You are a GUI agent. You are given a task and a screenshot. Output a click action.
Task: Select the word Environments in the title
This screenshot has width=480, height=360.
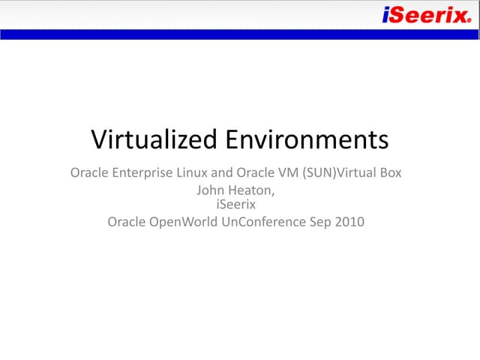pos(307,139)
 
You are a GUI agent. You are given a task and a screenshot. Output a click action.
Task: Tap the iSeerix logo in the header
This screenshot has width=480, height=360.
pos(425,14)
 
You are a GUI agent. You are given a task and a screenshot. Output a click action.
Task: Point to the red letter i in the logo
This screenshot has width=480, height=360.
pos(385,14)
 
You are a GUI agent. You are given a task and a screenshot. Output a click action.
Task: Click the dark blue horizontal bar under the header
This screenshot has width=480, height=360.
pos(240,34)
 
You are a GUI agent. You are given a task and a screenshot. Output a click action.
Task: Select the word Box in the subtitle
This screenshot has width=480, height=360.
pos(390,173)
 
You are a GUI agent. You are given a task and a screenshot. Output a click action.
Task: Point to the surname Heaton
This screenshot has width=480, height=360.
pos(253,190)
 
